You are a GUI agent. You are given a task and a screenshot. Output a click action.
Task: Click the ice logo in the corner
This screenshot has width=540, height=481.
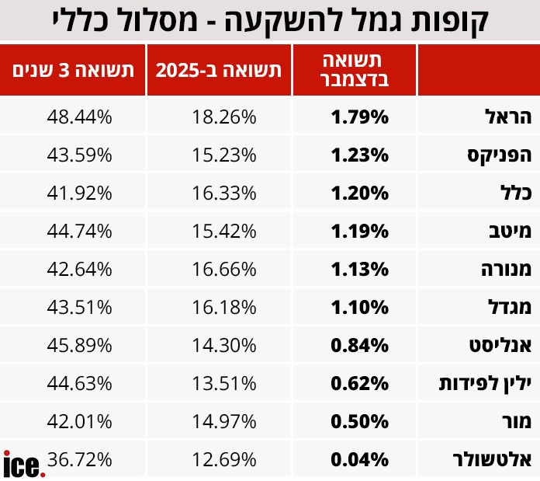[x=23, y=465]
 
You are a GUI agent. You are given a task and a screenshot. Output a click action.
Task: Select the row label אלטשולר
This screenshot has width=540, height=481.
[x=493, y=460]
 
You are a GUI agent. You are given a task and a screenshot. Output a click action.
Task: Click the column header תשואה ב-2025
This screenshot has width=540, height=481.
[x=218, y=71]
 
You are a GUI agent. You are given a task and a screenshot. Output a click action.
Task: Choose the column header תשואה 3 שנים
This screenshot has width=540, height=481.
[x=73, y=71]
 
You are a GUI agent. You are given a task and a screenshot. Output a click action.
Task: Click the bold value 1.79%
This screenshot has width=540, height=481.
[x=359, y=117]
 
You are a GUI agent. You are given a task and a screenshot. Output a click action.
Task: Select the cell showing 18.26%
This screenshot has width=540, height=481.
[x=223, y=117]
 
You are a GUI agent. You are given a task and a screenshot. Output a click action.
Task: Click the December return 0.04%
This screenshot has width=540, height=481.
[x=359, y=460]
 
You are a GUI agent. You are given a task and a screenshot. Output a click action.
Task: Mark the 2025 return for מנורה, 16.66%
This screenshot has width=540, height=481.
[x=223, y=270]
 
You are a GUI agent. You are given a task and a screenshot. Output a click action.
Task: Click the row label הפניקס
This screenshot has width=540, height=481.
[x=500, y=155]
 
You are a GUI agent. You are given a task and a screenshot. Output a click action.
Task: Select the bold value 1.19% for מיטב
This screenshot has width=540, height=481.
[x=359, y=232]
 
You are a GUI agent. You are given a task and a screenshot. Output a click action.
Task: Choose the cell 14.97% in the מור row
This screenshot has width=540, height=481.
[x=223, y=422]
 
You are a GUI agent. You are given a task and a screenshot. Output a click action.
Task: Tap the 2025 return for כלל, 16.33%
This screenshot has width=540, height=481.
[x=223, y=193]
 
